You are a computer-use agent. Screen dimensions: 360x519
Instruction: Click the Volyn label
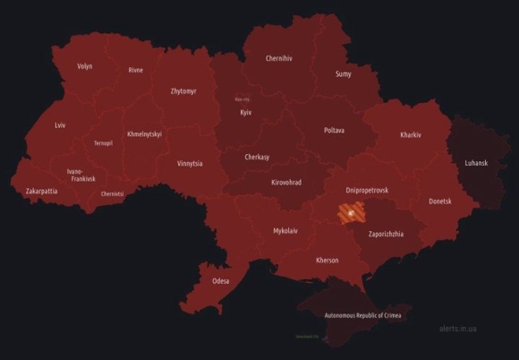(85, 66)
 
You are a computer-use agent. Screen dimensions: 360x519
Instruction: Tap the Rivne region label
(136, 70)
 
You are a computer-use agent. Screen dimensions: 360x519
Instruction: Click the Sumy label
(344, 74)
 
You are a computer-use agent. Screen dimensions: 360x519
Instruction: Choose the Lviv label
(60, 125)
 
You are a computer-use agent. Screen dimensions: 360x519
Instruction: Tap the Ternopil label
(103, 143)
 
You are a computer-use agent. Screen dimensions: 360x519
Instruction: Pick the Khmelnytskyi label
(145, 133)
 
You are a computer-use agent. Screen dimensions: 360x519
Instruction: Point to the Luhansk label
(477, 163)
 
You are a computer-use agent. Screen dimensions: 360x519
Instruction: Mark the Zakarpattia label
(42, 191)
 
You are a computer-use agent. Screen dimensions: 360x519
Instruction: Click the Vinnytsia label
(190, 164)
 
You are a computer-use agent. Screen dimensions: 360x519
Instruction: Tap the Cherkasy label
(262, 157)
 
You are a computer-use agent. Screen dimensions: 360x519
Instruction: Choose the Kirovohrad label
(285, 183)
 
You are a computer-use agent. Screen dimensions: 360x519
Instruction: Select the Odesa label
(220, 281)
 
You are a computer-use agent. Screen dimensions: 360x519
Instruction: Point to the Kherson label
(328, 261)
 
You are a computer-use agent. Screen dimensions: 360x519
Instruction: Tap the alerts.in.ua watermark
(457, 329)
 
